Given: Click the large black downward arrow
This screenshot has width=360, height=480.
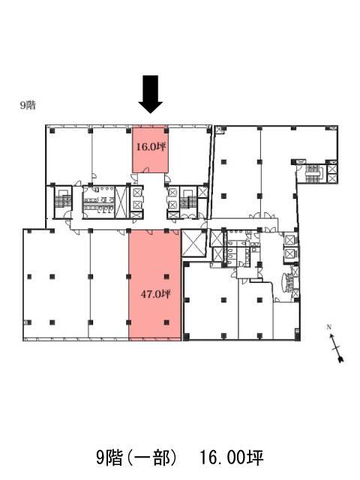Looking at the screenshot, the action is pos(150,94).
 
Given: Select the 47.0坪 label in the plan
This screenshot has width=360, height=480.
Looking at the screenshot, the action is pos(155,294).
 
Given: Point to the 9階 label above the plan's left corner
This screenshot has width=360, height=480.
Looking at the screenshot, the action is pos(28,105).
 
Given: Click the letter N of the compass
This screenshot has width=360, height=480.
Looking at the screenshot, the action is pos(329,327).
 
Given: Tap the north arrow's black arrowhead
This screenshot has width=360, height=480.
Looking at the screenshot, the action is pos(340,358).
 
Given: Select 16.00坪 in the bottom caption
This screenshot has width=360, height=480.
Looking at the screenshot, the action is pos(232,458).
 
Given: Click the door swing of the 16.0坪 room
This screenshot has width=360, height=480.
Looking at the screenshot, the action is pos(146,169).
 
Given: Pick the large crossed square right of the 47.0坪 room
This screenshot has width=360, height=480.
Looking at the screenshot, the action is pos(193,243).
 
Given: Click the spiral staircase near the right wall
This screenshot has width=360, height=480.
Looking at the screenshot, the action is pos(288,282).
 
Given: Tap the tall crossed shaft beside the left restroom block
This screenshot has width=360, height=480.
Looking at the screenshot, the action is pos(121,202).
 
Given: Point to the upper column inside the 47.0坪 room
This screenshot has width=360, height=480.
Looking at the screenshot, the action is pos(166,277).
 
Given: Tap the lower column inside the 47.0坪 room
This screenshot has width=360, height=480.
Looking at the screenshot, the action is pos(166,322).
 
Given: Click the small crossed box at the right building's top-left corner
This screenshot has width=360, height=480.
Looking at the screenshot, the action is pos(220,130).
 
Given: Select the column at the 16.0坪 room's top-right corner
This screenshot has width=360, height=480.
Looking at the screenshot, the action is pos(166,130).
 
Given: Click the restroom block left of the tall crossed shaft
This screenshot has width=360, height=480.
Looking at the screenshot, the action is pos(98,202).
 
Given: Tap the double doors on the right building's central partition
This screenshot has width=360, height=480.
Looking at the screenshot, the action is pos(262,216).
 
